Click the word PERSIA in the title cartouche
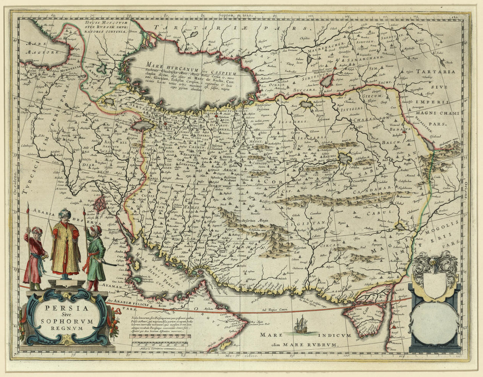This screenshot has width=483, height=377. (x=67, y=308)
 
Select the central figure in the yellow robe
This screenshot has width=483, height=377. (x=65, y=243)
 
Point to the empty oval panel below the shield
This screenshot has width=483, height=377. (x=434, y=323)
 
